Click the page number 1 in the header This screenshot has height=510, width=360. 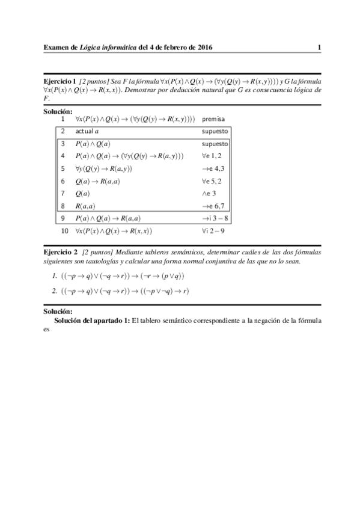[x=320, y=47]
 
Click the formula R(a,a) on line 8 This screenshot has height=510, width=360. [x=87, y=206]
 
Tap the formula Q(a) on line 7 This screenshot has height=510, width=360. [x=83, y=193]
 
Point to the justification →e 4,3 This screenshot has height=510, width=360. [x=213, y=168]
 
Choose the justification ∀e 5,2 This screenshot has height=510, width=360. [x=213, y=180]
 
